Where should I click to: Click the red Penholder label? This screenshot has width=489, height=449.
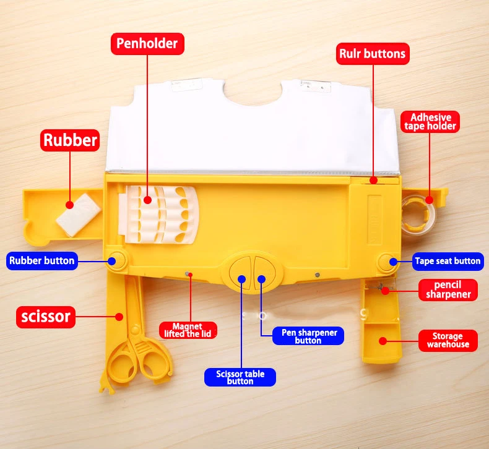(147, 43)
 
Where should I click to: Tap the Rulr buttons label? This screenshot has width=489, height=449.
(372, 54)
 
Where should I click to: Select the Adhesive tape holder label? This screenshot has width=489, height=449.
(431, 121)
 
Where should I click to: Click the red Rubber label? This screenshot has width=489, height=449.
(70, 140)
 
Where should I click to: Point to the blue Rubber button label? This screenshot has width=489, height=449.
(42, 260)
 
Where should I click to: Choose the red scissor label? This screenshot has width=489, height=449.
(46, 318)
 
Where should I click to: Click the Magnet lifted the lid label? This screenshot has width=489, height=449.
(188, 330)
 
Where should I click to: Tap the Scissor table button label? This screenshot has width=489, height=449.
(240, 377)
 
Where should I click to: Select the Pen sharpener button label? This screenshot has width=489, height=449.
(308, 336)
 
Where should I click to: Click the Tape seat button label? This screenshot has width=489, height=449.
(447, 261)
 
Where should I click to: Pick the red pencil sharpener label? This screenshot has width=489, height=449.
(448, 289)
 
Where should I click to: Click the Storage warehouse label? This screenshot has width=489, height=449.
(448, 340)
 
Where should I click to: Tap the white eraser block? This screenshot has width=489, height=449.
(79, 213)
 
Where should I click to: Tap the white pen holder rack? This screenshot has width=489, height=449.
(162, 213)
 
